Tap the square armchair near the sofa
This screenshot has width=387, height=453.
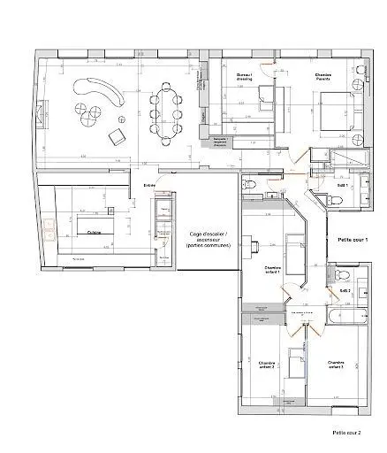116,136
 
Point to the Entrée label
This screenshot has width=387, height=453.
150,185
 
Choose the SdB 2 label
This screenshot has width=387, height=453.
345,290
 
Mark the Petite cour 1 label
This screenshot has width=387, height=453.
353,240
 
